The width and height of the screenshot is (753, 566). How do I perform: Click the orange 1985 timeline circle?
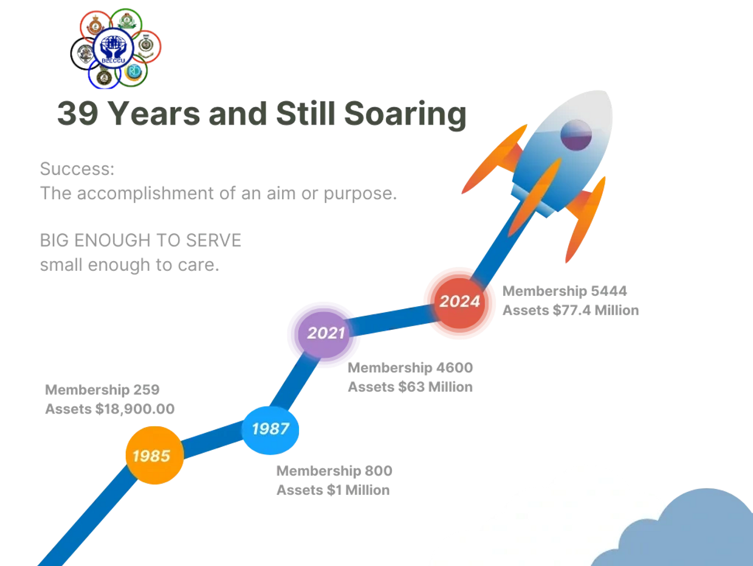(155, 455)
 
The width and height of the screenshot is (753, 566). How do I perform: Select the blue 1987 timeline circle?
(270, 430)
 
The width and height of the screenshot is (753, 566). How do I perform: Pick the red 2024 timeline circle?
(459, 302)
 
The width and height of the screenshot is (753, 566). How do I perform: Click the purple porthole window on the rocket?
(576, 135)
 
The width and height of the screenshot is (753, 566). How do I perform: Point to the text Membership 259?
(102, 389)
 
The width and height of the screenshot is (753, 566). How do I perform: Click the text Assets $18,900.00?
(110, 409)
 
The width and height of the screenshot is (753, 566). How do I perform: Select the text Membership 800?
(334, 471)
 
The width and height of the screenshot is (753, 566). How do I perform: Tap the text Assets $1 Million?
(333, 490)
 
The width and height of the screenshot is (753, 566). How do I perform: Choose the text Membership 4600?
(410, 367)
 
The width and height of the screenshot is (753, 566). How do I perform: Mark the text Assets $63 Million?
(410, 387)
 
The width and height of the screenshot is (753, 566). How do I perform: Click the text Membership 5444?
(565, 291)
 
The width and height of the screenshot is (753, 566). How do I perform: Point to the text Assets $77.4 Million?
(571, 310)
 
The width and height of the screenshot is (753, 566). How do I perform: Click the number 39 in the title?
(78, 113)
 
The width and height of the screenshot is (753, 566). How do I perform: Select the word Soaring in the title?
(405, 115)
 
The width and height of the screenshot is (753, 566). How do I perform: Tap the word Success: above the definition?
(77, 169)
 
